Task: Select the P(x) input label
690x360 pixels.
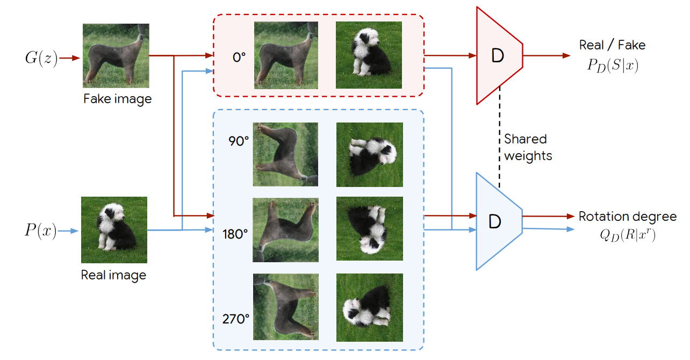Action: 40,231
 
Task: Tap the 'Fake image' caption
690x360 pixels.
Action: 117,99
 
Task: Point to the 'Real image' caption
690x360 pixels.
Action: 113,275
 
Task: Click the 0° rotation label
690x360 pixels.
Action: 239,57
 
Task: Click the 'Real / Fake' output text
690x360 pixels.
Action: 612,45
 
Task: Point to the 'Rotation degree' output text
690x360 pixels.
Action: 627,217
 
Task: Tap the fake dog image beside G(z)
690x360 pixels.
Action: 116,55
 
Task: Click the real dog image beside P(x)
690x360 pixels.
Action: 114,229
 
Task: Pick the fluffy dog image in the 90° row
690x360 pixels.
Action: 369,154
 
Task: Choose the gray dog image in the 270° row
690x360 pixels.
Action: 286,307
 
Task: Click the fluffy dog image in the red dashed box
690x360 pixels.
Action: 369,55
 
